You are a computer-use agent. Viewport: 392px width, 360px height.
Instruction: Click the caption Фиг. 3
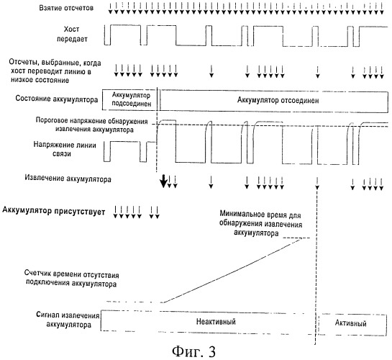[x=193, y=351]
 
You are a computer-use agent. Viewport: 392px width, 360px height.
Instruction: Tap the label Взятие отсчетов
[x=66, y=8]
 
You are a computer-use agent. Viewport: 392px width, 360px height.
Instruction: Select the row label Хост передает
[x=72, y=34]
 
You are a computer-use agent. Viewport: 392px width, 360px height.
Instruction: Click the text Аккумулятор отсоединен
[x=278, y=100]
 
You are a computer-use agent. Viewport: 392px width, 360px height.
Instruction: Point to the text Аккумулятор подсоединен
[x=131, y=99]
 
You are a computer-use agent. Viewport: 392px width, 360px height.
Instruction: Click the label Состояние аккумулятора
[x=57, y=99]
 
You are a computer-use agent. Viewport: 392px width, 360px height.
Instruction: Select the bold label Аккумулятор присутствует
[x=54, y=211]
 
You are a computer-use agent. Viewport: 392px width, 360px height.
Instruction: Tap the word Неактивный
[x=216, y=321]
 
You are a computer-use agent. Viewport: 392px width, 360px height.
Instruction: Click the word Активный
[x=351, y=323]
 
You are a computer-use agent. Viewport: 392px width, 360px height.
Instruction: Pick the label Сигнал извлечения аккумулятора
[x=68, y=320]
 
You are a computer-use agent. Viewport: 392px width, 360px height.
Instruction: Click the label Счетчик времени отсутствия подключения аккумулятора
[x=71, y=279]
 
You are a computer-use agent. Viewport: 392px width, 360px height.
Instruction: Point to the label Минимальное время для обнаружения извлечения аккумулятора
[x=260, y=223]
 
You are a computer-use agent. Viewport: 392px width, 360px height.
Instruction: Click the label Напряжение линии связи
[x=65, y=149]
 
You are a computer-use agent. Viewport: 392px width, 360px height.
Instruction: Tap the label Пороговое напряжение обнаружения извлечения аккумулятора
[x=92, y=125]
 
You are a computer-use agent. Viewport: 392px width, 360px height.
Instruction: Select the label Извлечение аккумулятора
[x=68, y=179]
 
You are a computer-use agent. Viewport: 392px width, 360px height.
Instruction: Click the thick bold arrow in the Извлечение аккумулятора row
[x=163, y=181]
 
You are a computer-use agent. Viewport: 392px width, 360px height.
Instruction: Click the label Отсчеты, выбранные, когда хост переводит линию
[x=55, y=71]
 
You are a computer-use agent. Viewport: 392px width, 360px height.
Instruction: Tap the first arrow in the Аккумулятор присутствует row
[x=116, y=212]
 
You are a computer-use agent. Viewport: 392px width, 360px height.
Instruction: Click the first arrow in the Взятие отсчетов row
[x=110, y=8]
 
